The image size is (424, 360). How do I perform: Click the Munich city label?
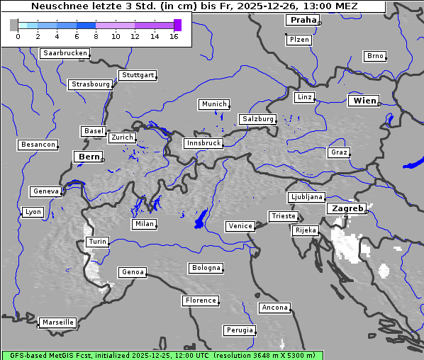pos(214,104)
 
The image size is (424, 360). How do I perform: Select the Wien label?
pos(364,101)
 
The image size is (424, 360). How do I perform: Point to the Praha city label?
pos(303,20)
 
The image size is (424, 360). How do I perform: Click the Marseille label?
pos(58,322)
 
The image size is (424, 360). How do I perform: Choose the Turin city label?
pos(98,242)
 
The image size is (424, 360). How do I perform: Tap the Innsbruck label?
pos(203,143)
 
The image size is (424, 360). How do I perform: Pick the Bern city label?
pos(89,157)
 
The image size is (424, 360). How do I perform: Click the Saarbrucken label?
pos(65,53)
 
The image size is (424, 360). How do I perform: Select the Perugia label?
pos(240,330)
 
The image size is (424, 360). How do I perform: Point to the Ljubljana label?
pos(306,197)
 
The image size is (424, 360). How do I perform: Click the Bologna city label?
pos(206,268)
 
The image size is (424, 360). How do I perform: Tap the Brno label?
pos(375,56)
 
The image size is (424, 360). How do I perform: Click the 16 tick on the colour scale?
pos(174,36)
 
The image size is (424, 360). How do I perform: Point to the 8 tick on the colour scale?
pos(96,36)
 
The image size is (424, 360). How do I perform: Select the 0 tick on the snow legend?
pos(18,36)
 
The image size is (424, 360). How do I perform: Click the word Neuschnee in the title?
pos(58,6)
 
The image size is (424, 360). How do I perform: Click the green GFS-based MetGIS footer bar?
pos(162,355)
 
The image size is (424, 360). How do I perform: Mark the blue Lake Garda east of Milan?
pos(201,219)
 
